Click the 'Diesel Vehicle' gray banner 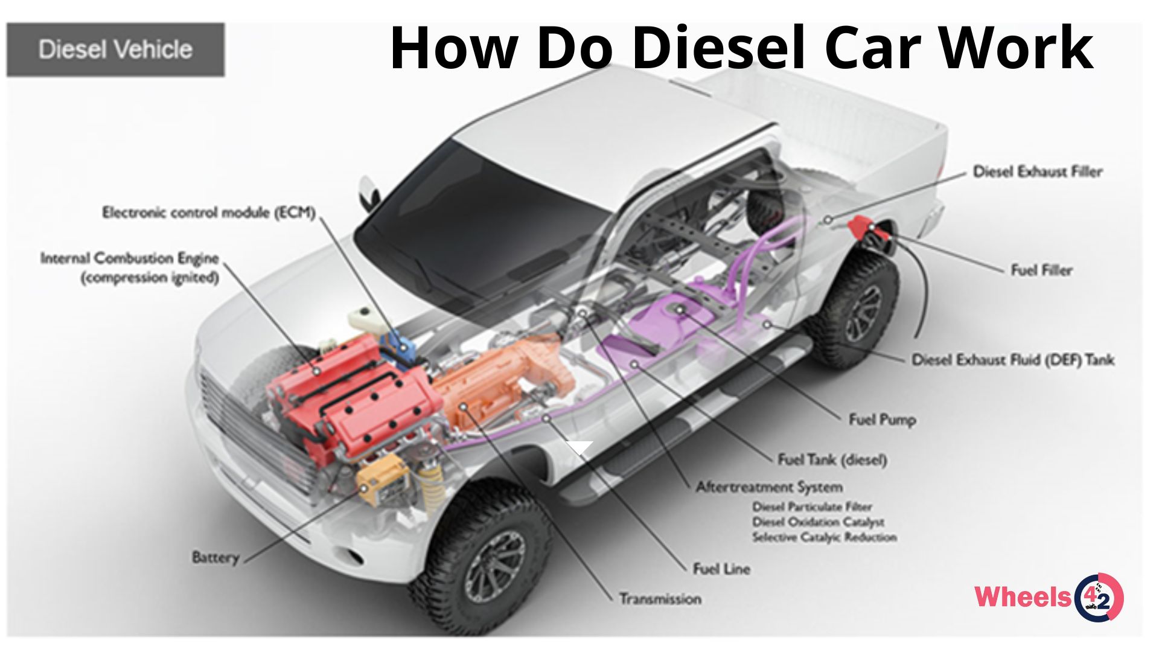(x=115, y=50)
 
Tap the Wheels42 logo (x=1049, y=597)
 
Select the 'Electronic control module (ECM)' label (x=209, y=213)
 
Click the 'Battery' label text (x=216, y=557)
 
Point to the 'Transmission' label (x=660, y=599)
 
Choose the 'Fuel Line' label (x=721, y=569)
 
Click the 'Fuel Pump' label (x=882, y=420)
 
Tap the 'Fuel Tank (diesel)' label (x=832, y=460)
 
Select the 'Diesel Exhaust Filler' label (x=1038, y=171)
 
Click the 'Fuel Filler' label (x=1041, y=270)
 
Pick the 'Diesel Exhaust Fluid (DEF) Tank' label (x=1013, y=360)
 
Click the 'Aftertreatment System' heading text (x=769, y=487)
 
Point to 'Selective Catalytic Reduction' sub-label (x=825, y=537)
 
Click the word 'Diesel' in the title (x=719, y=48)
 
